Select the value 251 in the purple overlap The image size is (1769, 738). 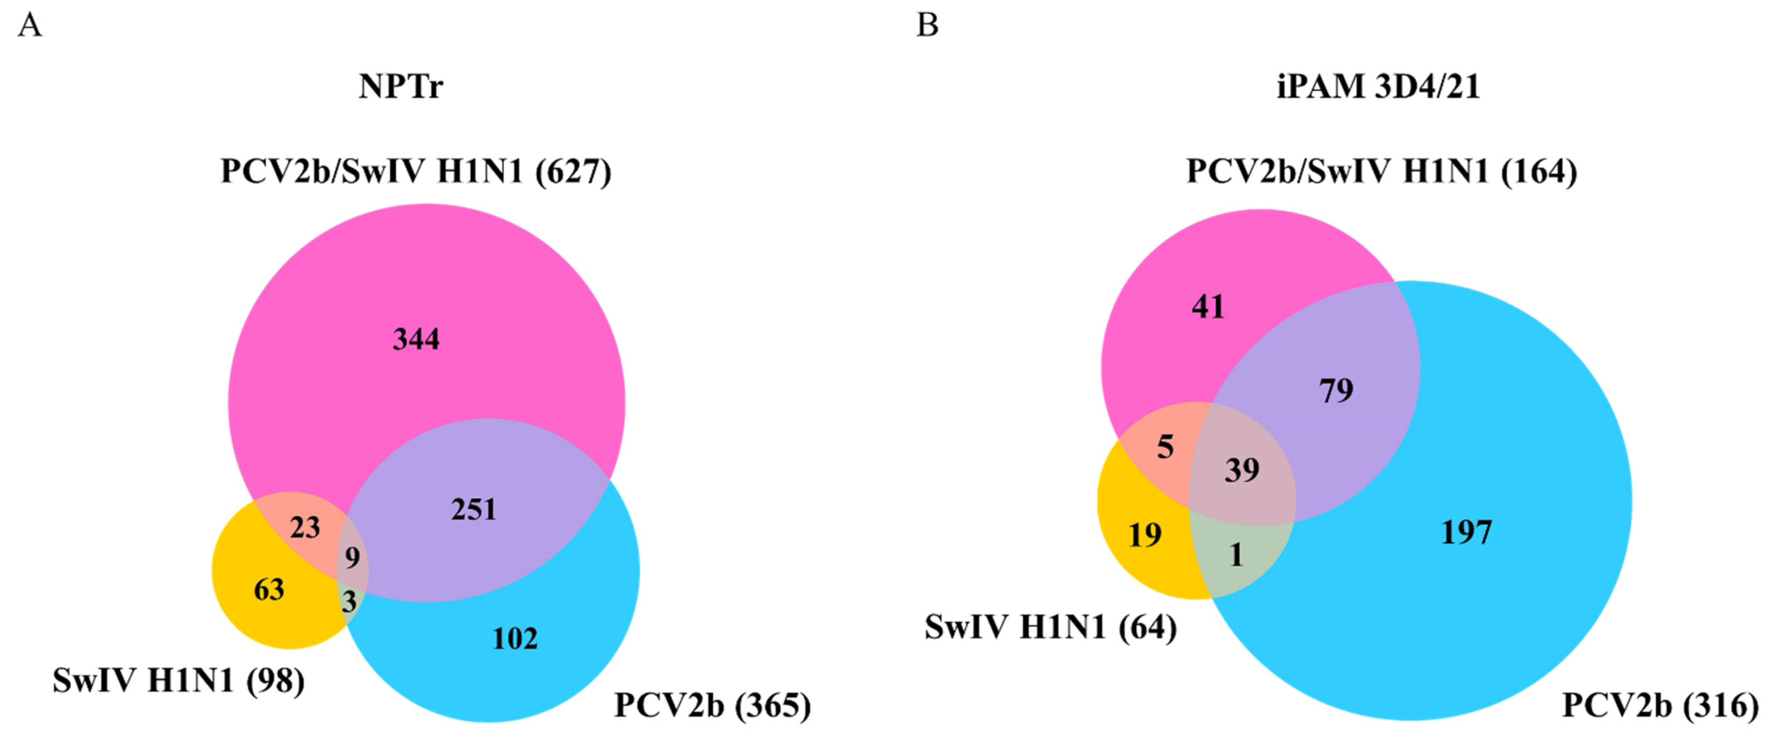point(473,510)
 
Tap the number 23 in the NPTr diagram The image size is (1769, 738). point(305,528)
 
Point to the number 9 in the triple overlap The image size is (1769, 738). point(352,557)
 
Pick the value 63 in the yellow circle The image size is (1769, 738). point(269,589)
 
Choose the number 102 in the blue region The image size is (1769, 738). point(514,639)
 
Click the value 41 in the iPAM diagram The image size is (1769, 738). point(1208,306)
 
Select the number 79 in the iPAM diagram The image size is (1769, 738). point(1336,390)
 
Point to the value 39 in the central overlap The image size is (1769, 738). point(1242,471)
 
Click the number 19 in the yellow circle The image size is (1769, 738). point(1145,535)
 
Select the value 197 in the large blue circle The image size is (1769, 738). point(1466,532)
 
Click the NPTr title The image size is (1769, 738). point(401,87)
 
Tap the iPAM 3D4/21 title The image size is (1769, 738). point(1378,87)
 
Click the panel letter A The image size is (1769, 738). point(30,26)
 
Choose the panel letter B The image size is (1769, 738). point(927,26)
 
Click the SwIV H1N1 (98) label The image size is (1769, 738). point(179,681)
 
